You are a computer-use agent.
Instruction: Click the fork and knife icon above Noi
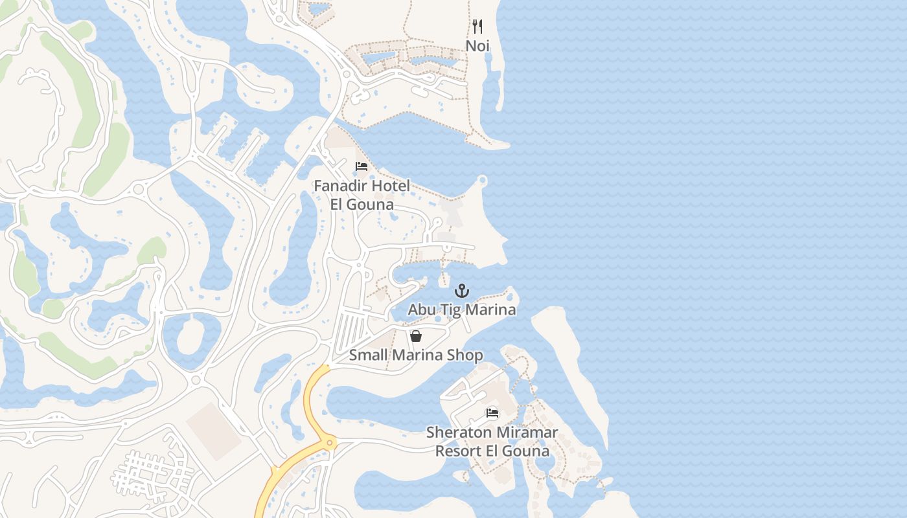tap(477, 27)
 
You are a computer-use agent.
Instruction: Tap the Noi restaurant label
tap(477, 46)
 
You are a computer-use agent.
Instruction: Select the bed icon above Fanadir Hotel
tap(362, 167)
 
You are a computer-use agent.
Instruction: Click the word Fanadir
tap(341, 186)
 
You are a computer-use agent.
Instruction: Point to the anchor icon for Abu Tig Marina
tap(461, 291)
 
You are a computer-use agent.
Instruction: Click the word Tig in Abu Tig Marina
tap(447, 310)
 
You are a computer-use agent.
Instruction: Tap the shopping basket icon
tap(416, 336)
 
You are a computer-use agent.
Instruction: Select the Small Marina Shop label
tap(416, 355)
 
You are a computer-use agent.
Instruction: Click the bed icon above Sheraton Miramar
tap(492, 413)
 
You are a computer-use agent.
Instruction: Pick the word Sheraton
tap(456, 433)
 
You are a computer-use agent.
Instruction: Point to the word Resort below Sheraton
tap(459, 451)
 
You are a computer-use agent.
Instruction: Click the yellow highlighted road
tap(308, 401)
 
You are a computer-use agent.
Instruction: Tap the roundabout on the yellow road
tap(330, 444)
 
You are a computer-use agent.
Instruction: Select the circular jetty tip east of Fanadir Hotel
tap(482, 180)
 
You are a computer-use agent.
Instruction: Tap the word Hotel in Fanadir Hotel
tap(390, 186)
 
